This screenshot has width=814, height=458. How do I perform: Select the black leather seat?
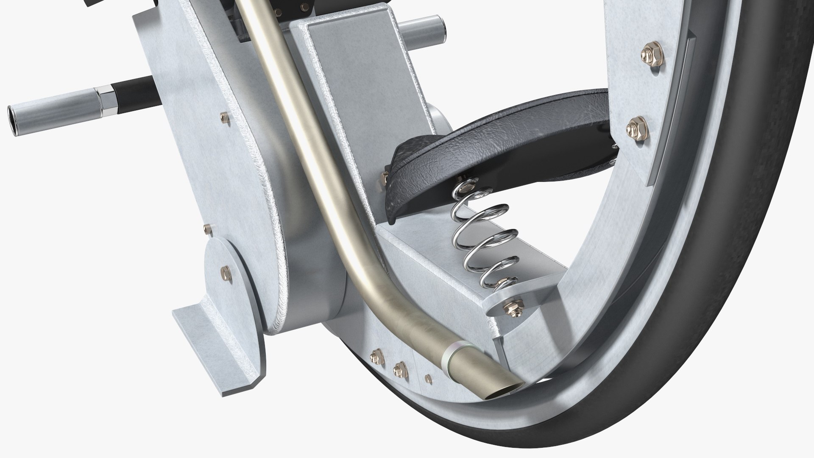click(500, 127)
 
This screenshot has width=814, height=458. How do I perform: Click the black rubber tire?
click(721, 254)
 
